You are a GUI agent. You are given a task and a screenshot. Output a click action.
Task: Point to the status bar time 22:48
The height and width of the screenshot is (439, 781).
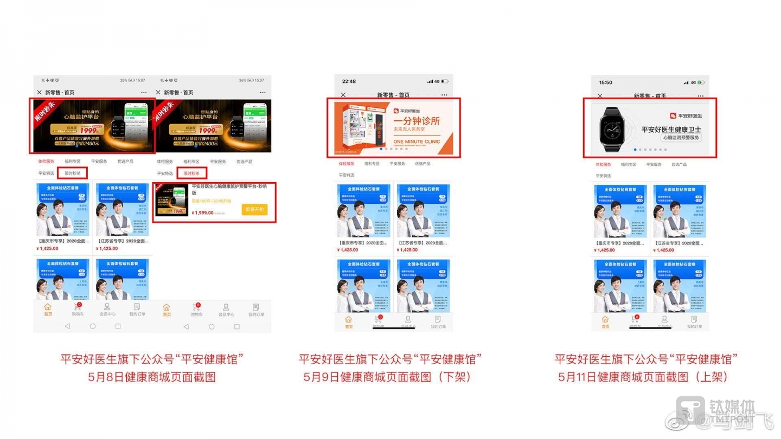click(349, 81)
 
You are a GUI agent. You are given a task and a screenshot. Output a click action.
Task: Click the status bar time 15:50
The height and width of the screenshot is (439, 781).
click(605, 82)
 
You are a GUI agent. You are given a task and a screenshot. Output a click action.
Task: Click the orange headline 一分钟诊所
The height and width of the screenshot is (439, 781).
click(416, 121)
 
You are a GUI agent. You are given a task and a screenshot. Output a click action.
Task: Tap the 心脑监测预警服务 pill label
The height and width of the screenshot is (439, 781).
click(681, 138)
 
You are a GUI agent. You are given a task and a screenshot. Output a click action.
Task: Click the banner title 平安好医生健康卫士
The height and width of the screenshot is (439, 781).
click(671, 129)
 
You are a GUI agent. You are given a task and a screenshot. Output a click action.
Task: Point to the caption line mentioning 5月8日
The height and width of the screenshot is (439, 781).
click(152, 377)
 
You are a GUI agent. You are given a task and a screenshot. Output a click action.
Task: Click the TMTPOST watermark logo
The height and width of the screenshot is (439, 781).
click(695, 411)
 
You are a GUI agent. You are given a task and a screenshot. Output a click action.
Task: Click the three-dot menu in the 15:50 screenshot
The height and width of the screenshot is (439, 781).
click(700, 96)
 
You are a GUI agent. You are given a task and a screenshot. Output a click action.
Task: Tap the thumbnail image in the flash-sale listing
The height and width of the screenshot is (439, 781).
click(172, 201)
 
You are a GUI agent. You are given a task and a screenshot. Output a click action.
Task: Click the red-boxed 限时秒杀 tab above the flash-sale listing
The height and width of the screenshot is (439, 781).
click(191, 173)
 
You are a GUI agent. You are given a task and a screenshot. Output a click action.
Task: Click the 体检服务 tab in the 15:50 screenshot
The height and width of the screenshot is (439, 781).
click(603, 164)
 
